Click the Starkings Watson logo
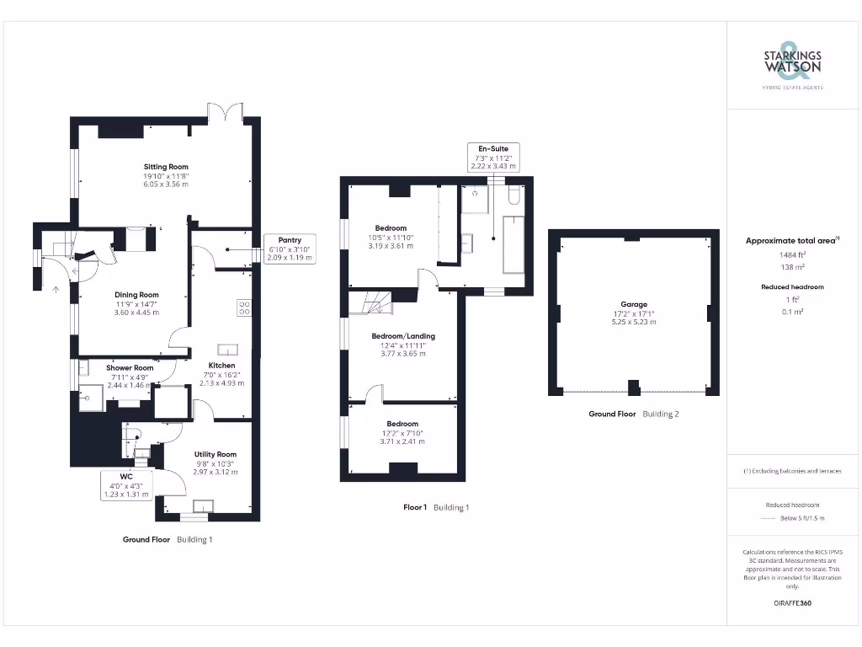tap(792, 64)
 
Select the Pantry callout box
tap(290, 249)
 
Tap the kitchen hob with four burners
tap(245, 308)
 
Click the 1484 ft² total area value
tap(792, 254)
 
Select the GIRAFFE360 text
tap(792, 603)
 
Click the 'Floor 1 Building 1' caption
tap(435, 507)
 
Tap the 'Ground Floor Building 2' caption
tap(633, 414)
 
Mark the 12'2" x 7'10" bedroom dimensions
tap(402, 437)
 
